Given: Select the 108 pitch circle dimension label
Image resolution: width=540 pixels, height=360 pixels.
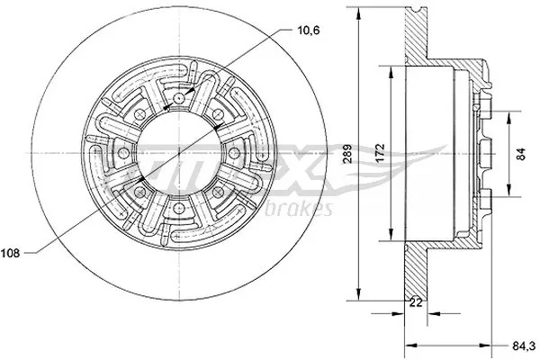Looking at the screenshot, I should tap(17, 253).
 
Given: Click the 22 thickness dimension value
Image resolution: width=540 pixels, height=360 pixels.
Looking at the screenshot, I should tap(416, 303).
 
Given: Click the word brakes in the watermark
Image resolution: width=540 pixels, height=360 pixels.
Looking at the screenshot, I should tap(307, 210).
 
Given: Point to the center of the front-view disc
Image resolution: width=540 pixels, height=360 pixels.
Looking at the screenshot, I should tap(180, 154).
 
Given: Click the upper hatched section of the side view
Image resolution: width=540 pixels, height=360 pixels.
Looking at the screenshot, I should tap(423, 36).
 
